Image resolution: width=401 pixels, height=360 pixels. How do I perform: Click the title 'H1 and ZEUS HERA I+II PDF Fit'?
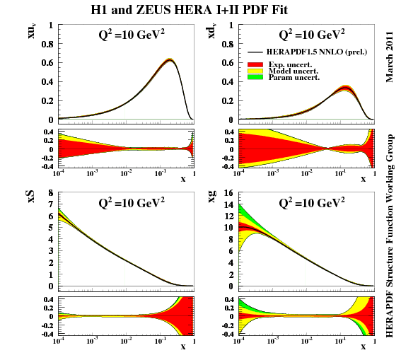pos(199,11)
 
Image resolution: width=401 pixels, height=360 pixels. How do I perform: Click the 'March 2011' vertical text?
pos(389,56)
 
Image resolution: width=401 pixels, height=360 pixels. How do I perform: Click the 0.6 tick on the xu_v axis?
pos(48,62)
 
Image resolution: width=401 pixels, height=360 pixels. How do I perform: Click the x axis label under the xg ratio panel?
pos(364,347)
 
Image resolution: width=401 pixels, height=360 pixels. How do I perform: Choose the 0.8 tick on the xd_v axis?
pos(228,43)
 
